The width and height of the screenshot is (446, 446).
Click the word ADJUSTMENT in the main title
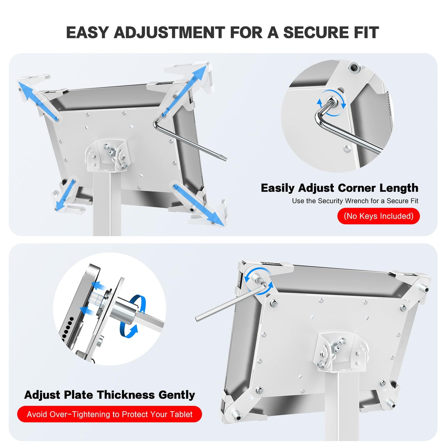point(169,33)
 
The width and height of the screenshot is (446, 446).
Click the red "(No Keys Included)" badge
point(378,216)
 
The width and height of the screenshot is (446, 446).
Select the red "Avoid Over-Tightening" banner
point(110,414)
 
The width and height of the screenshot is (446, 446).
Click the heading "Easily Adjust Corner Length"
point(339,188)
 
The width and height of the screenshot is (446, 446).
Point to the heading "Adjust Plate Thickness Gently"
point(110,395)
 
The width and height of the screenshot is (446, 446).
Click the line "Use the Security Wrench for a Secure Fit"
point(355,201)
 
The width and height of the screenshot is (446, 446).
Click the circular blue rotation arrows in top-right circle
point(332,103)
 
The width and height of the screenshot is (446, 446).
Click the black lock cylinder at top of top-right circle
point(354,67)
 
